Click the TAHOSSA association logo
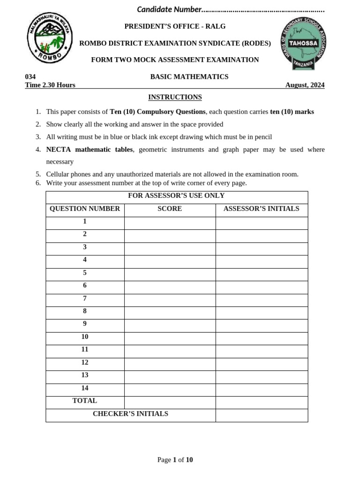pos(303,44)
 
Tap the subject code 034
pos(30,76)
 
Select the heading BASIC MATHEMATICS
pos(189,76)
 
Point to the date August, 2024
pos(305,85)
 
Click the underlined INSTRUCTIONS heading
pos(175,97)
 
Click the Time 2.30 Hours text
pos(50,85)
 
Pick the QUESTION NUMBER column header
pos(85,209)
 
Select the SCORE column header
pos(170,209)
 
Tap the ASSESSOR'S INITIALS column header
pos(261,209)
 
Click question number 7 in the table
pos(85,298)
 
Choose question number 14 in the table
pos(85,388)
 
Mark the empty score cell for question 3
pos(170,247)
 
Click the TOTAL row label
pos(85,401)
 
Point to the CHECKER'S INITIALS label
pos(130,413)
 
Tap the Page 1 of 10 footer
pos(175,460)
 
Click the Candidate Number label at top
pos(169,9)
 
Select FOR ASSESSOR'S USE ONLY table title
pos(176,195)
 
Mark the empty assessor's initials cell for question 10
pos(261,337)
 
